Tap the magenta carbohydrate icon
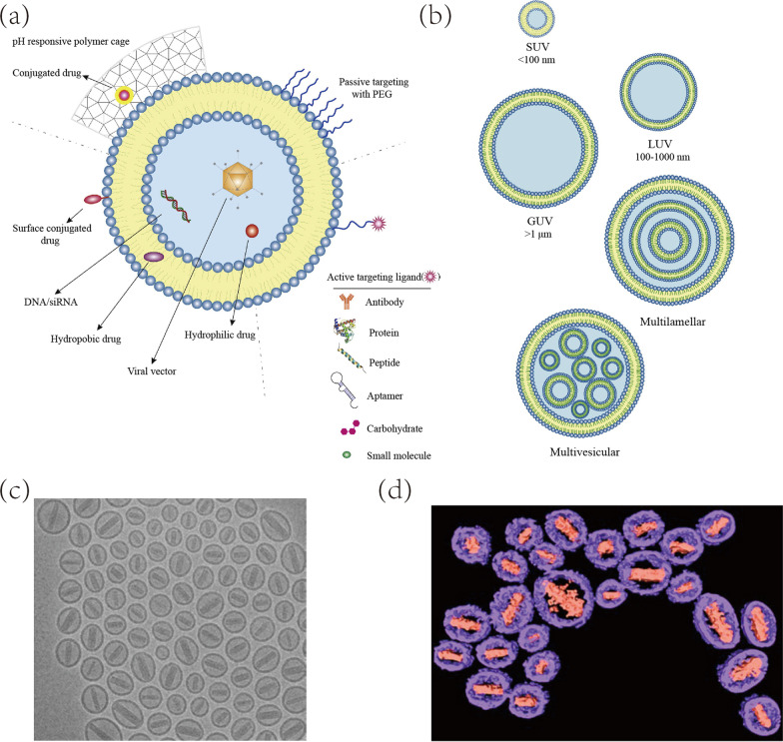point(349,427)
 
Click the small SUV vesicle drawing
point(537,19)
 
